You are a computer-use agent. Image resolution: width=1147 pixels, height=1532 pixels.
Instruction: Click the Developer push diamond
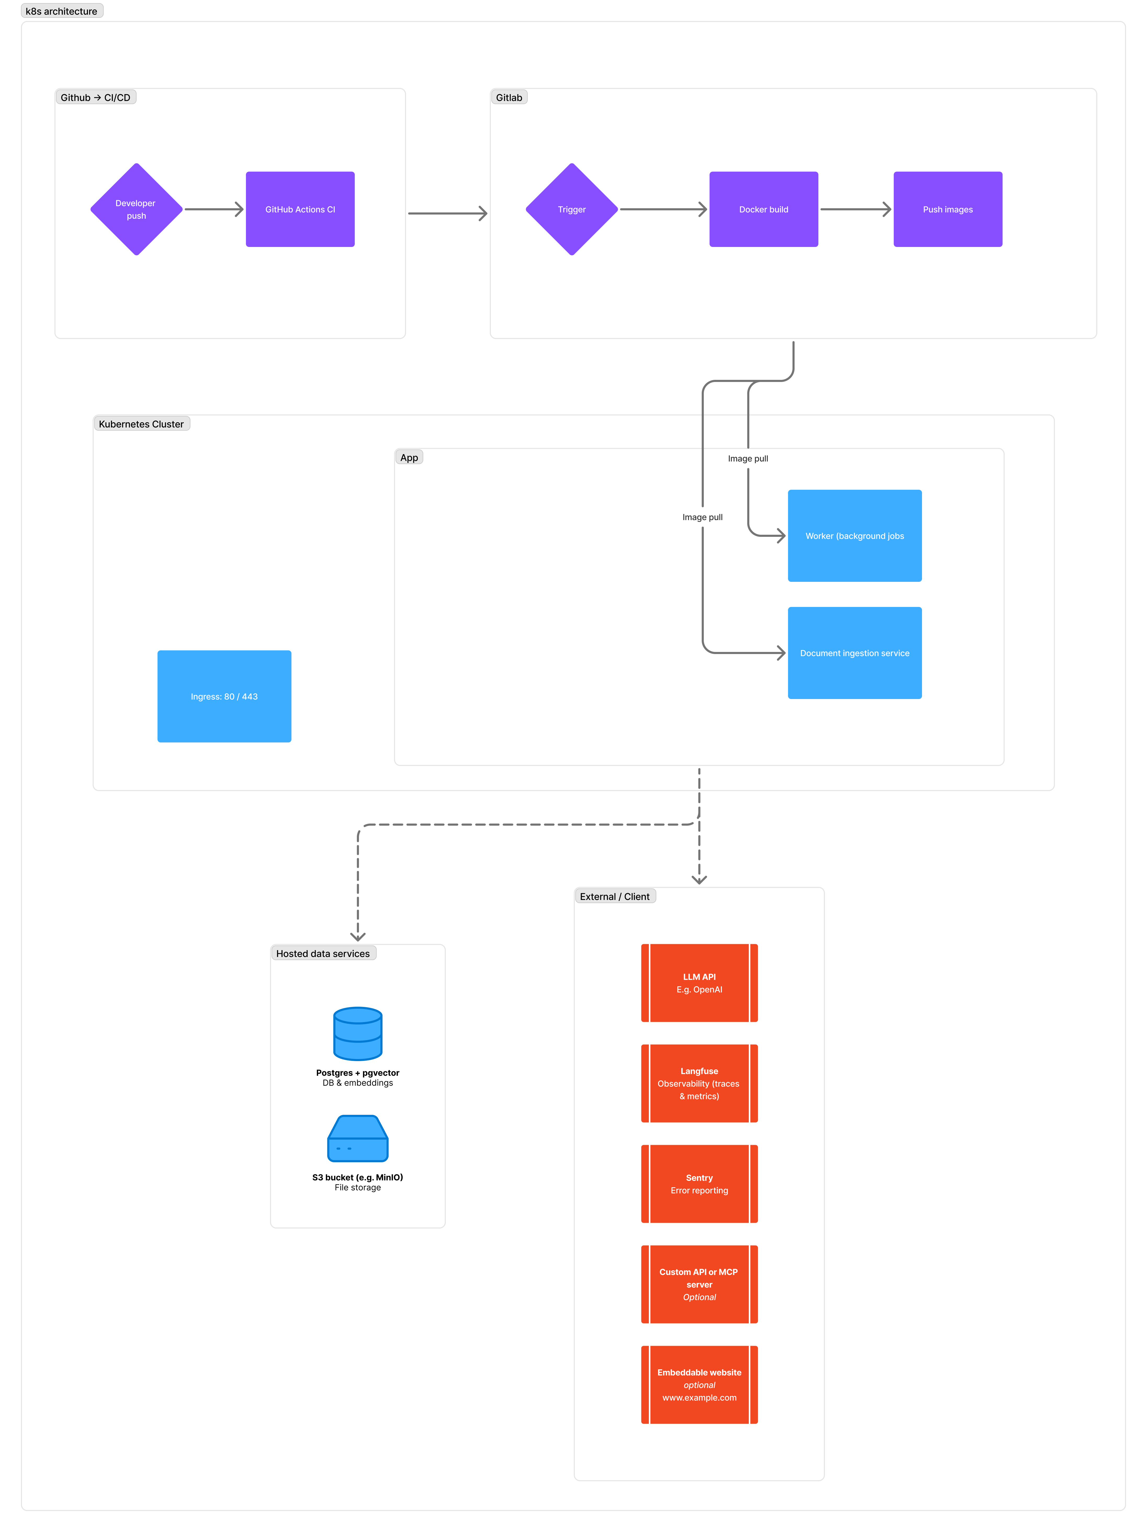coord(137,209)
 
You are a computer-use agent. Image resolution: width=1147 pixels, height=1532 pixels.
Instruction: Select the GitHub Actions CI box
coord(300,209)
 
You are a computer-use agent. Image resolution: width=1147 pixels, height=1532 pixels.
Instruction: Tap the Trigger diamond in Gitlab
coord(571,209)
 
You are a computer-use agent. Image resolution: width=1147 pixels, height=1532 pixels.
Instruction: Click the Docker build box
coord(763,209)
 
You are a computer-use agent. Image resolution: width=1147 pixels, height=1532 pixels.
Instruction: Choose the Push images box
coord(948,209)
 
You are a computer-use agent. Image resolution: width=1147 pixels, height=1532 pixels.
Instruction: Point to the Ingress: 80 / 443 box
coord(224,696)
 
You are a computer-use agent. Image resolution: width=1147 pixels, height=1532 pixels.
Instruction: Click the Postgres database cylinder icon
coord(357,1033)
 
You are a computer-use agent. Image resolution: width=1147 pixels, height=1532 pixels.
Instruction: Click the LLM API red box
coord(699,983)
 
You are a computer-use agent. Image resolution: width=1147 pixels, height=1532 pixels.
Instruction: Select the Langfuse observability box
coord(699,1083)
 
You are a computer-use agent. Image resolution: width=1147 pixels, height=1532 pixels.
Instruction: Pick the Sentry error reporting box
coord(699,1184)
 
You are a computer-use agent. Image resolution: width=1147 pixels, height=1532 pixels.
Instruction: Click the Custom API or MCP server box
coord(699,1284)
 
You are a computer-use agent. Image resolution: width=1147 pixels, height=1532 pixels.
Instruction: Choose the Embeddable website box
coord(699,1384)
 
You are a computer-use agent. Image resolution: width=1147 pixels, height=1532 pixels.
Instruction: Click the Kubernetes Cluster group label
coord(141,424)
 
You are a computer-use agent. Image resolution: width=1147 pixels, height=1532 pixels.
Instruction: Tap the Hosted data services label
coord(323,954)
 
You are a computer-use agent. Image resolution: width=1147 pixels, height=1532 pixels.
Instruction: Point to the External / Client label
coord(614,896)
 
